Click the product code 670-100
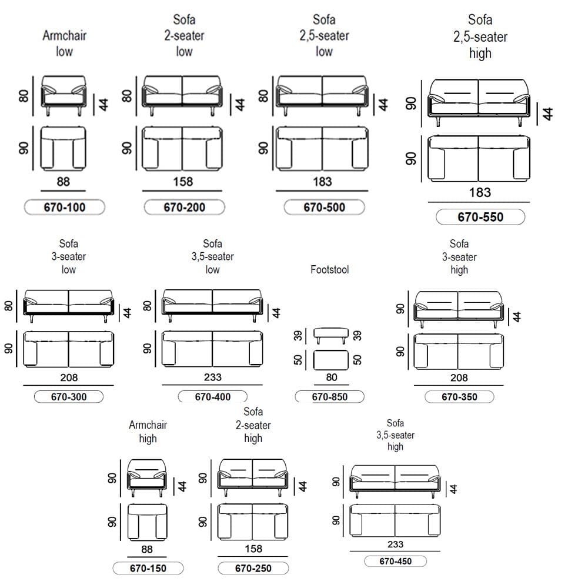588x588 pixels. pos(65,207)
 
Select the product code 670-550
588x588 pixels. pos(480,217)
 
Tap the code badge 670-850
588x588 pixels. pos(330,397)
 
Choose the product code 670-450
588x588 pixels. pos(395,561)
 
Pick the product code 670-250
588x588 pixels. pos(253,568)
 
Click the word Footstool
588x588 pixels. pos(330,269)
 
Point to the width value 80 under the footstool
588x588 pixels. pos(332,377)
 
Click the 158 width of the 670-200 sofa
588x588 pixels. pos(183,182)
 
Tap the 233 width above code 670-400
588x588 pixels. pos(213,377)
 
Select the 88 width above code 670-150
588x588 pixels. pos(147,549)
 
